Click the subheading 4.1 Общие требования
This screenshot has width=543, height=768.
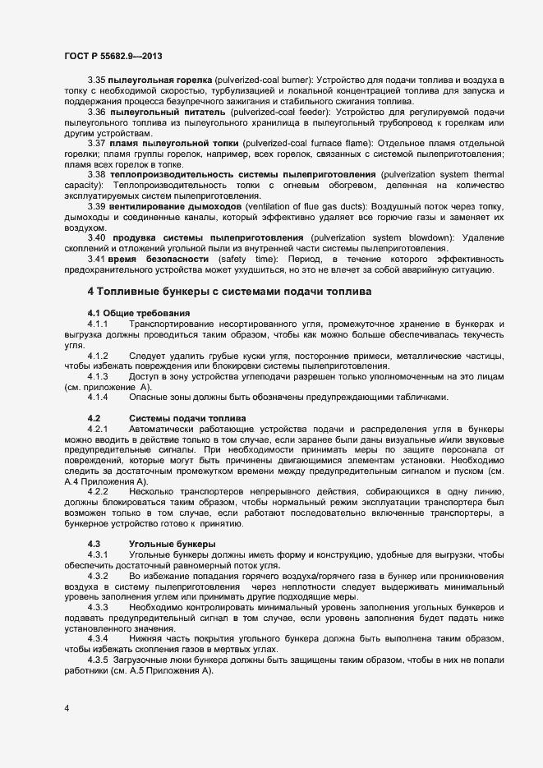coord(138,314)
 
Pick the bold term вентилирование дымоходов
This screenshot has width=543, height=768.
coord(173,206)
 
